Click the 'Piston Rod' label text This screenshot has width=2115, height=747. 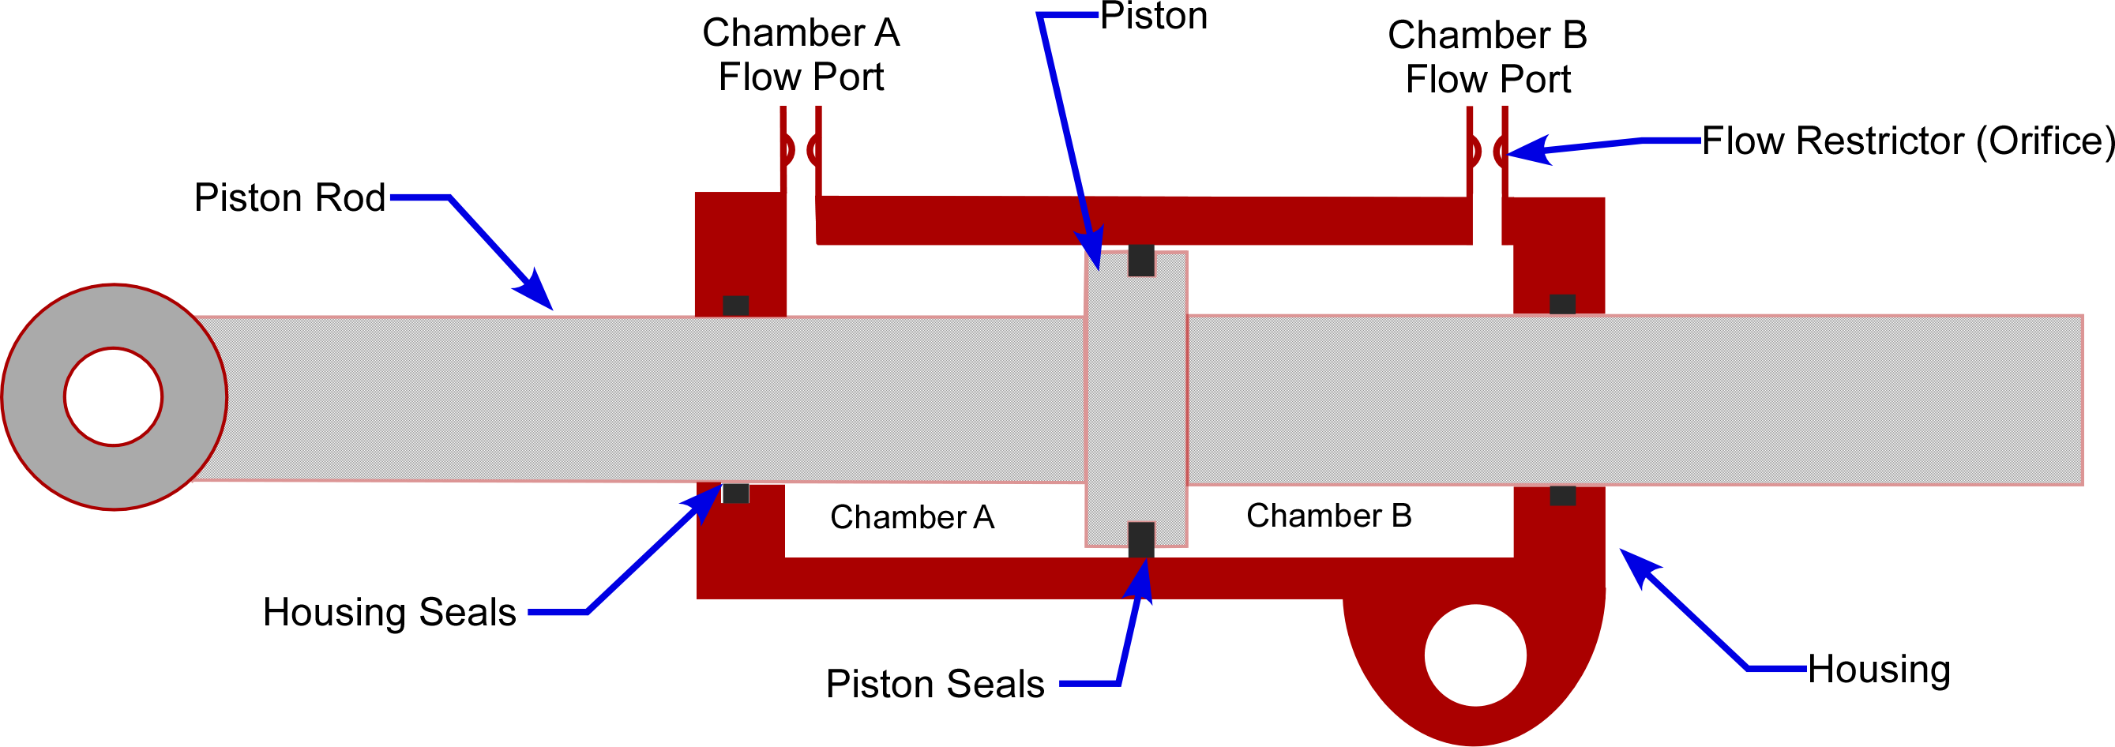tap(289, 198)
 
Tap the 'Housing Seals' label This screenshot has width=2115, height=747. tap(389, 613)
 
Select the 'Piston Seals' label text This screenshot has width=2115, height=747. tap(934, 684)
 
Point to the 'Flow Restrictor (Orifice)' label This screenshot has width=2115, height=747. tap(1907, 141)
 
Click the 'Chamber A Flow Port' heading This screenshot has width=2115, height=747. tap(801, 55)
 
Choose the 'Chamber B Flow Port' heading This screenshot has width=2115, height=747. tap(1487, 58)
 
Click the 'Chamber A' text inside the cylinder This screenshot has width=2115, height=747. tap(911, 517)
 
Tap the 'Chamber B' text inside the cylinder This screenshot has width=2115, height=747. tap(1328, 516)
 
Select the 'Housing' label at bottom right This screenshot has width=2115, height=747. tap(1879, 669)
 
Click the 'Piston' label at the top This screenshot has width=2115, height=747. tap(1154, 17)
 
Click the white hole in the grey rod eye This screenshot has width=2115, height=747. tap(113, 396)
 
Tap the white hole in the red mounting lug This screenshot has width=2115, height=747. tap(1475, 655)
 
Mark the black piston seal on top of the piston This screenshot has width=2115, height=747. tap(1141, 261)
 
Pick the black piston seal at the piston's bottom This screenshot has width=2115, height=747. tap(1141, 539)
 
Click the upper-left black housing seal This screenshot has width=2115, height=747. tap(734, 306)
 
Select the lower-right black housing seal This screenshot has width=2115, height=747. tap(1562, 495)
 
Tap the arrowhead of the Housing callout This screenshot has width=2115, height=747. tap(1636, 565)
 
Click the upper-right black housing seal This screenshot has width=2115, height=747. tap(1562, 305)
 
